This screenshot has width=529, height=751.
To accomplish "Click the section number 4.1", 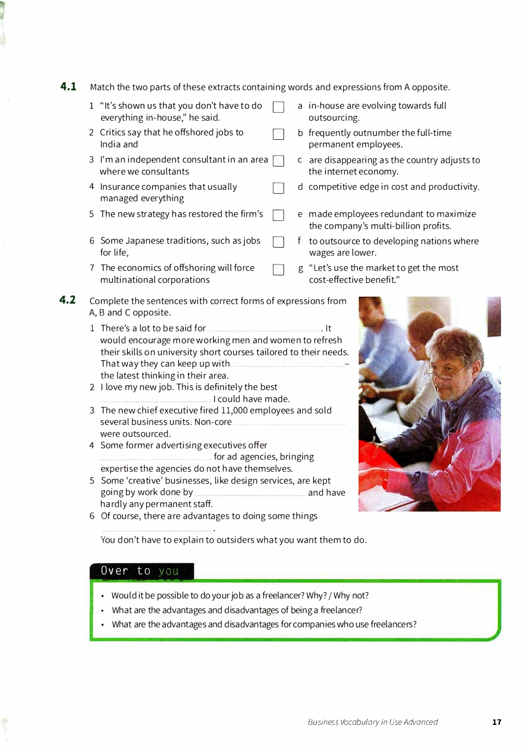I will [x=68, y=87].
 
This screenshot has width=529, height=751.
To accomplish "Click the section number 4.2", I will [x=67, y=300].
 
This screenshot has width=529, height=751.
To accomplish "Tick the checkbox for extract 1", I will [x=278, y=107].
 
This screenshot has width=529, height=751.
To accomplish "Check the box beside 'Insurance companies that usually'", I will [x=278, y=188].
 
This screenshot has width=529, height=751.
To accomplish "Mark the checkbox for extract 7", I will [x=278, y=270].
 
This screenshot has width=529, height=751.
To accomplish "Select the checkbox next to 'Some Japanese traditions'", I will [x=278, y=242].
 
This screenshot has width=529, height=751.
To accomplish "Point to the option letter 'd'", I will [x=300, y=187].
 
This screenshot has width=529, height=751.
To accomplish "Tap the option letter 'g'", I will [x=300, y=268].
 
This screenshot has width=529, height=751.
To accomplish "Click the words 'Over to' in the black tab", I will [x=126, y=571].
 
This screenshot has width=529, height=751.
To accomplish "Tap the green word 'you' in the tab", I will [x=169, y=571].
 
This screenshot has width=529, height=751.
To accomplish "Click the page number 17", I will [x=496, y=722].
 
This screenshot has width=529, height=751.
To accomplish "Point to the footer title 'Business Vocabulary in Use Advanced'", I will [x=373, y=722].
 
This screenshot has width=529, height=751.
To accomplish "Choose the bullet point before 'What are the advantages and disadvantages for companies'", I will [x=102, y=625].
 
